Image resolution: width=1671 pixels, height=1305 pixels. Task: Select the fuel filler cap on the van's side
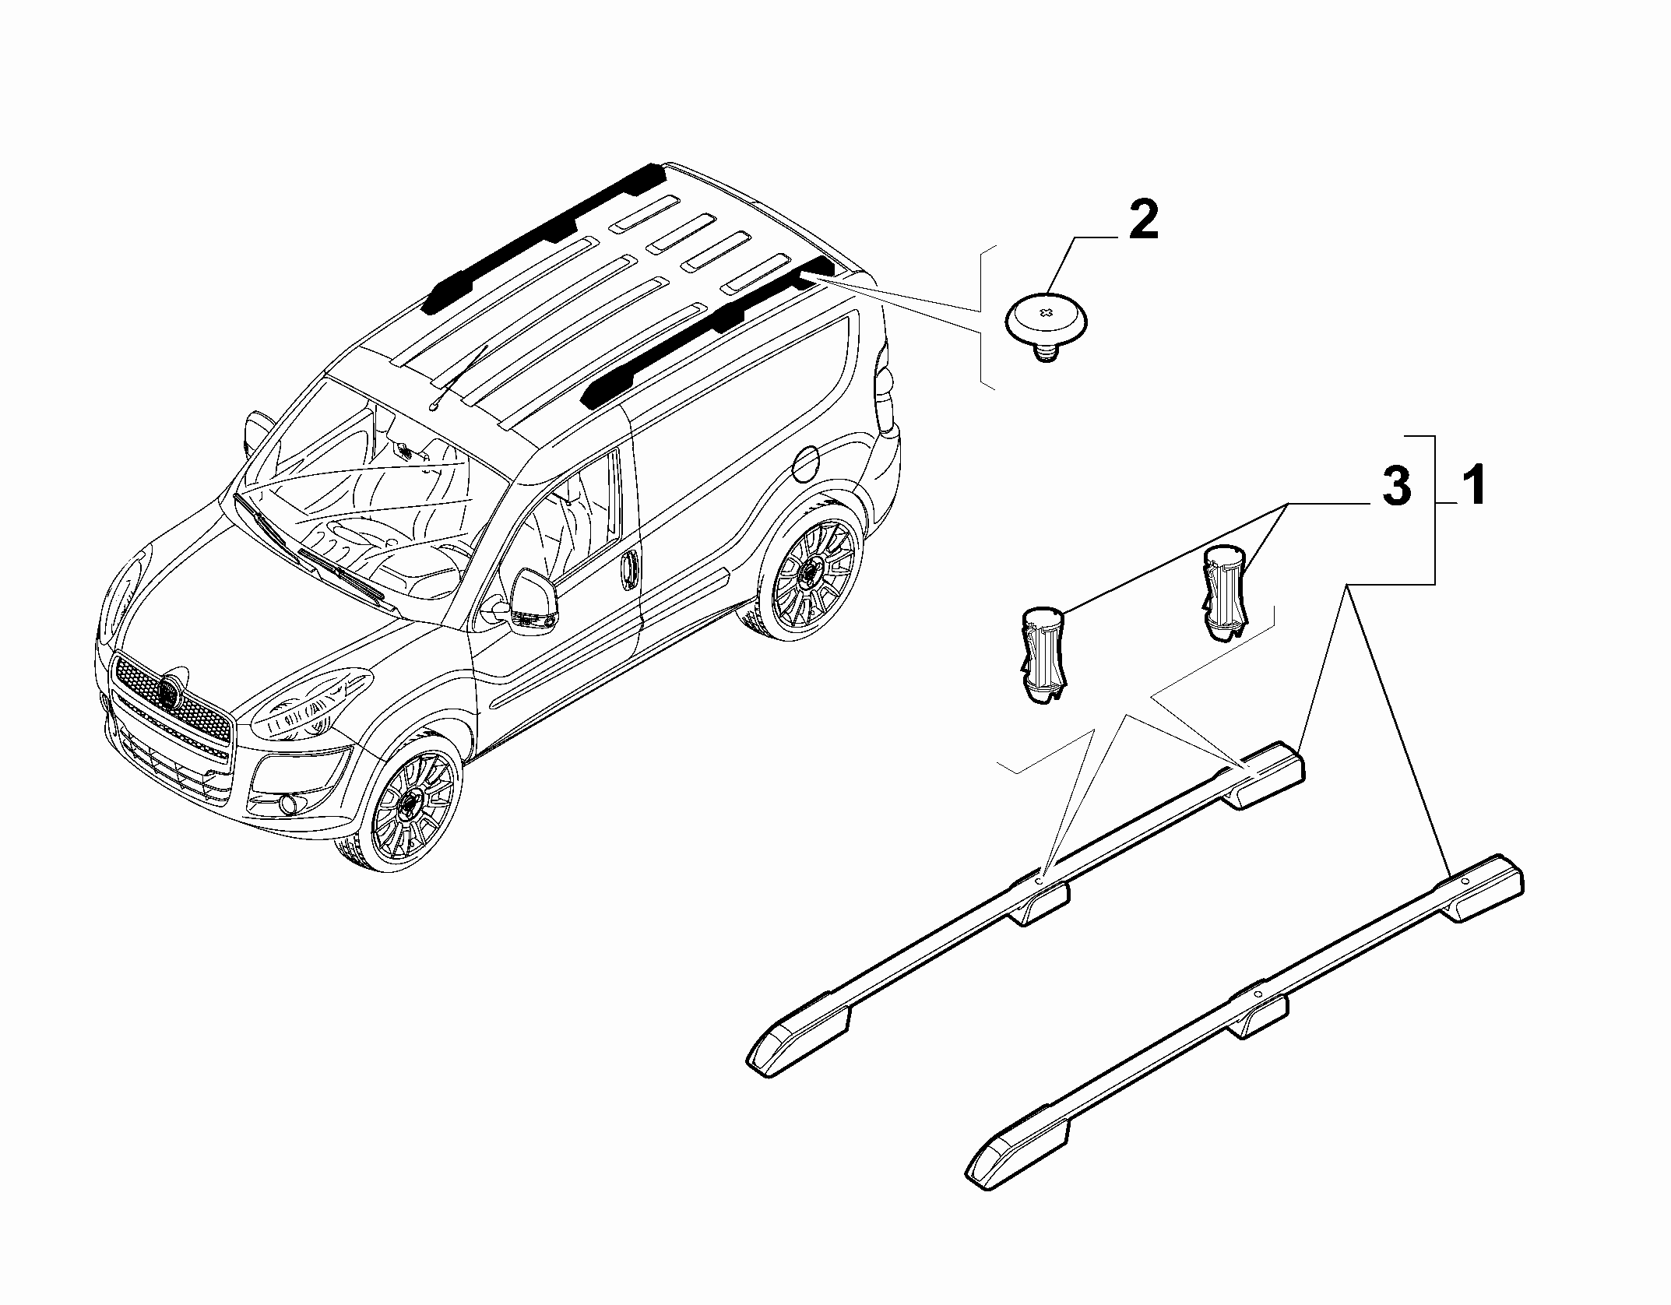point(804,466)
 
